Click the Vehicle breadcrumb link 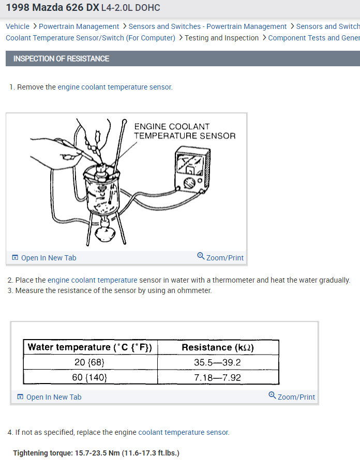point(18,26)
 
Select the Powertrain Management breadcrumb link point(79,26)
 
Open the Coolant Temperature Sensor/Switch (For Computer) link point(91,38)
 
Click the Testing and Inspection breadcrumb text point(222,38)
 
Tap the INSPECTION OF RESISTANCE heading point(61,58)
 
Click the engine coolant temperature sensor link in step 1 point(115,87)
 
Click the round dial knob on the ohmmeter point(189,183)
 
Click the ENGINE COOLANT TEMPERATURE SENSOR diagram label point(185,131)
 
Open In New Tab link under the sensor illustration point(44,257)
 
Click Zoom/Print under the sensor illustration point(220,257)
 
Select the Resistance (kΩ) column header point(218,347)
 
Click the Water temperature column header point(90,347)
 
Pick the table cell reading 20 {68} point(89,362)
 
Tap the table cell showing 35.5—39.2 point(217,362)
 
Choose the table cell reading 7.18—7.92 point(217,377)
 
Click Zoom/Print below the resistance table point(292,397)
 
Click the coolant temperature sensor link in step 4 point(184,432)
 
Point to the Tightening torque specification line point(96,453)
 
